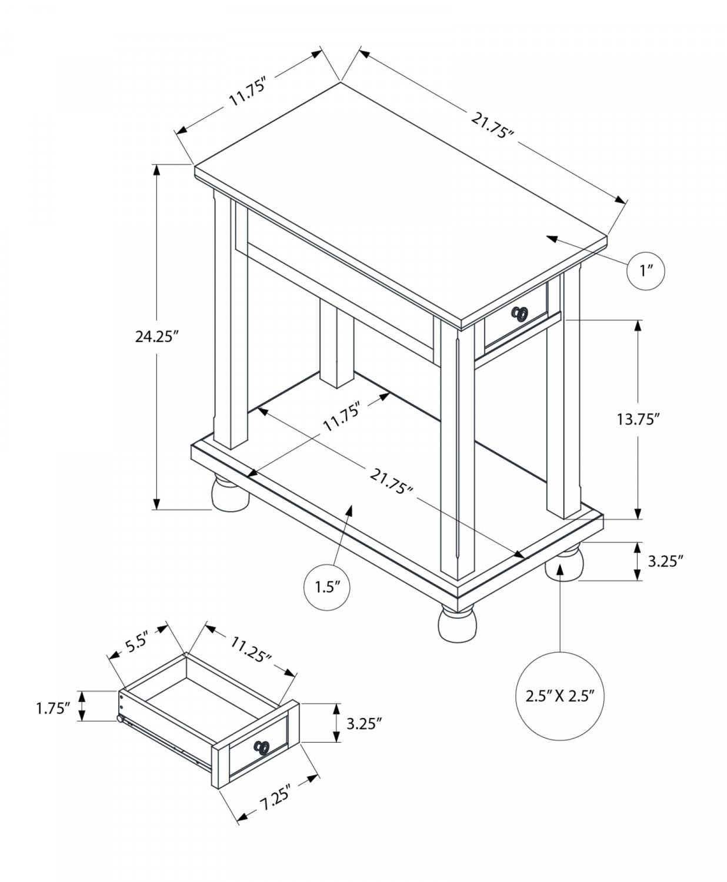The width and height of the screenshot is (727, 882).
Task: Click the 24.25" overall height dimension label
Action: (156, 336)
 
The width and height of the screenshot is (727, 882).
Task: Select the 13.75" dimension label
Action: (638, 419)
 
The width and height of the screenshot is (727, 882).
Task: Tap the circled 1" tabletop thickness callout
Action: (648, 270)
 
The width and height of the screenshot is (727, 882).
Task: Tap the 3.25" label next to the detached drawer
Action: (364, 723)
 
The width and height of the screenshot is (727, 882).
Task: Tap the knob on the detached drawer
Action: (262, 747)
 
